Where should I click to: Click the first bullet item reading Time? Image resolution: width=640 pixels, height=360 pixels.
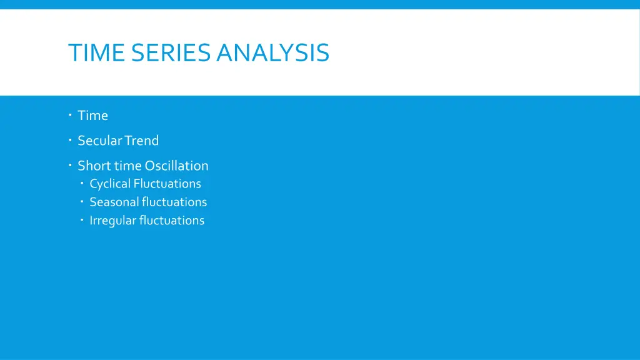pyautogui.click(x=92, y=116)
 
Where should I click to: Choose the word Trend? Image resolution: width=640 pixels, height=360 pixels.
pyautogui.click(x=141, y=141)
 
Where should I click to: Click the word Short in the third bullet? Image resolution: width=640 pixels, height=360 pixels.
pyautogui.click(x=94, y=166)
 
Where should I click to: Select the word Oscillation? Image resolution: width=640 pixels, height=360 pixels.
pyautogui.click(x=177, y=166)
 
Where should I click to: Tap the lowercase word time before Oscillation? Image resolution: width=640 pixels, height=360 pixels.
pyautogui.click(x=127, y=166)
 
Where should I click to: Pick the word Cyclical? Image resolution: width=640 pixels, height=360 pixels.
pyautogui.click(x=110, y=184)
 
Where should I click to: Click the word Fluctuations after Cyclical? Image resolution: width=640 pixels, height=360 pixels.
pyautogui.click(x=167, y=184)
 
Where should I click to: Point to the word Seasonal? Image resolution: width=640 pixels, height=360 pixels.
pyautogui.click(x=114, y=202)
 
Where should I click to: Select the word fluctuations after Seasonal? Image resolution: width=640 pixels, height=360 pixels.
pyautogui.click(x=174, y=202)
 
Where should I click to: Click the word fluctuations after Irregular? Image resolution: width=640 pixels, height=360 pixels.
pyautogui.click(x=172, y=221)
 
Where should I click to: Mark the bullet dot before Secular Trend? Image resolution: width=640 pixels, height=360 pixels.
pyautogui.click(x=71, y=140)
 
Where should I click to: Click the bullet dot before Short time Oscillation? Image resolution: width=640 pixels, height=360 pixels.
pyautogui.click(x=71, y=165)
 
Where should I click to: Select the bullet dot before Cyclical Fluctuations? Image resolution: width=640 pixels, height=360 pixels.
pyautogui.click(x=82, y=183)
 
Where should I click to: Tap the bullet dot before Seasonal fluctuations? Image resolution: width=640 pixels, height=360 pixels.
pyautogui.click(x=82, y=202)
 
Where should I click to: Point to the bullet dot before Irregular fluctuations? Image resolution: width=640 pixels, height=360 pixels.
pyautogui.click(x=82, y=220)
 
